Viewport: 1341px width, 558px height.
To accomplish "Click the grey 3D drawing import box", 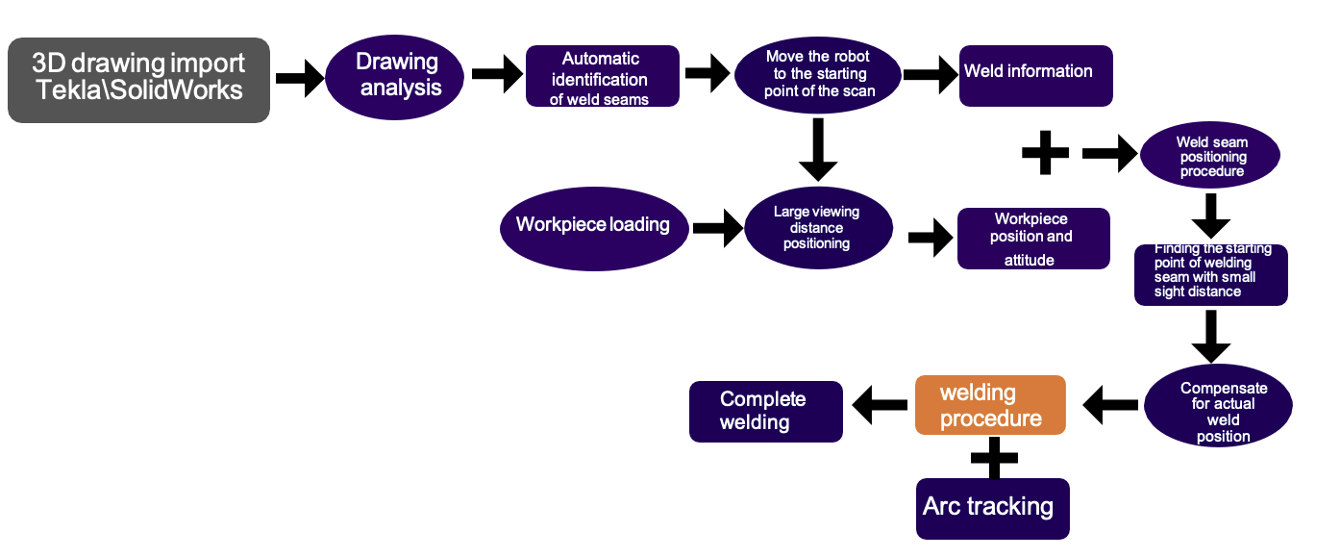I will (138, 80).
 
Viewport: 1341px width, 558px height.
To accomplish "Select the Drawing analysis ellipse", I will (395, 75).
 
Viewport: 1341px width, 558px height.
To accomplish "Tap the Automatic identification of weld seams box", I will (603, 76).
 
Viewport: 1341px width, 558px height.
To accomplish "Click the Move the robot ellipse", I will (818, 75).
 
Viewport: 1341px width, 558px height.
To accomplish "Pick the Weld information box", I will (1035, 75).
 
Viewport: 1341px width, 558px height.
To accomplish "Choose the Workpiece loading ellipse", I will (592, 227).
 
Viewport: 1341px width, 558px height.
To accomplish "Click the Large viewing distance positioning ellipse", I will (818, 228).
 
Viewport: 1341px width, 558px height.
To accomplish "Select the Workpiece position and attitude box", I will (1033, 239).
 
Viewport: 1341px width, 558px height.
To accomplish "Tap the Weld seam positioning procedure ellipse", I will (1210, 157).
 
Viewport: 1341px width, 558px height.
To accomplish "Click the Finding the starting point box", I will (1210, 274).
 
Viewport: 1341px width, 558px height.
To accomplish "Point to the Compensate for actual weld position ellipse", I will (1218, 405).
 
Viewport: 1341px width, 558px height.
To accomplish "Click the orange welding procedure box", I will (990, 405).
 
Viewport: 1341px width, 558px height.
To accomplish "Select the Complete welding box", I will (765, 411).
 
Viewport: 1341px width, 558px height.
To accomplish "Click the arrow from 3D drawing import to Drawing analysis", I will (299, 79).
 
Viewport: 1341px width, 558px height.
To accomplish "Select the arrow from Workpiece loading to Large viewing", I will (716, 229).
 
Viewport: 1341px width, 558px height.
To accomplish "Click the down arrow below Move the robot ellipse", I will (818, 148).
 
